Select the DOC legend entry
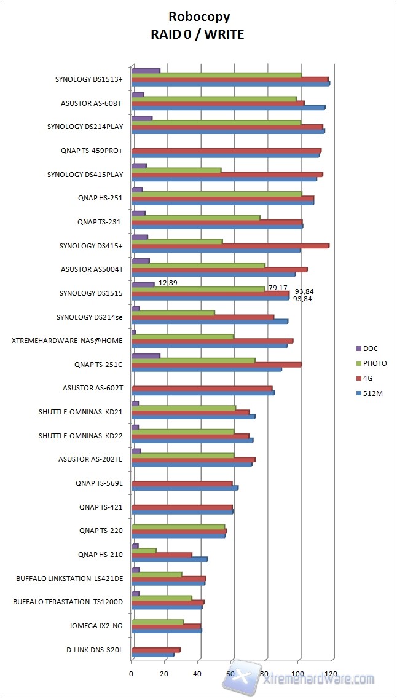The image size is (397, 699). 371,349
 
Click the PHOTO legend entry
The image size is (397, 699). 375,363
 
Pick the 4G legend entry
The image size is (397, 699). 369,378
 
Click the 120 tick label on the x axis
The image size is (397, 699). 332,674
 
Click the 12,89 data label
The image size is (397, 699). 168,283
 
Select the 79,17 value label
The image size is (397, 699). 278,288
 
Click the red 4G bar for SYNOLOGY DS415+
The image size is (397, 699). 230,246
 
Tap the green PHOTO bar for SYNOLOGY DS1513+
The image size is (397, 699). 216,75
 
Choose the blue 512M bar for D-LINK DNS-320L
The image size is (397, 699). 153,654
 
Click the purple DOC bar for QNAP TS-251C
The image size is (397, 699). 146,355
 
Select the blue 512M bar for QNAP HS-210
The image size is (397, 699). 170,559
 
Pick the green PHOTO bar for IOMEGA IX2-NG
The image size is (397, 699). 157,622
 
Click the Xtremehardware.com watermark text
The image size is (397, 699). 320,679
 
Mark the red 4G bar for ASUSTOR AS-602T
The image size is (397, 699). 202,388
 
